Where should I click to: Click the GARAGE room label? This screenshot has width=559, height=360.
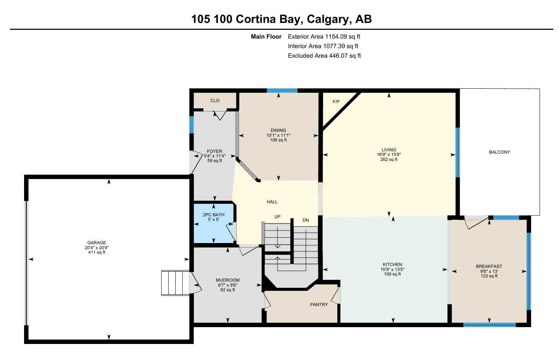(97, 243)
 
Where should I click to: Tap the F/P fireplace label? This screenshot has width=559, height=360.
(336, 102)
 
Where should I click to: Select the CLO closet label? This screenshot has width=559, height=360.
(214, 101)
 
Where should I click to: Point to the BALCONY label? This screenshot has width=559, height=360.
(499, 152)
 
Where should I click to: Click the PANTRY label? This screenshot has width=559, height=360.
(319, 305)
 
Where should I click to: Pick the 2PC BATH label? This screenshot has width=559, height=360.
(213, 215)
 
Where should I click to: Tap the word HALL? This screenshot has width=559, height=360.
(272, 202)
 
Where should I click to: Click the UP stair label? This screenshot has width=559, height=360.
(277, 217)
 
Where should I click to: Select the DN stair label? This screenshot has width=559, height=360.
(305, 220)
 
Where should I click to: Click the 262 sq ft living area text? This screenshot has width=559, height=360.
(388, 159)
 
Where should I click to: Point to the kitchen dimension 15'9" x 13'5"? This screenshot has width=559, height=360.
(392, 269)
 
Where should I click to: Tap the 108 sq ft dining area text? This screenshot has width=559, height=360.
(278, 140)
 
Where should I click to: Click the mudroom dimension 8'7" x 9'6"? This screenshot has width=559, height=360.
(227, 285)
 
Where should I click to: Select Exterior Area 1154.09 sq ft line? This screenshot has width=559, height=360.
(324, 37)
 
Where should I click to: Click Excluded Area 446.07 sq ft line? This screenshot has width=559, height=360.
(324, 56)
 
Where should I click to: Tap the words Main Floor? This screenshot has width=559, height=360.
(266, 37)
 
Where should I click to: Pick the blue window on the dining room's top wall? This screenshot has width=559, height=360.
(282, 91)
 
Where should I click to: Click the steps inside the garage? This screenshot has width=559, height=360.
(175, 283)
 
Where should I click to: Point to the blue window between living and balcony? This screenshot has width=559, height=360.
(458, 152)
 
